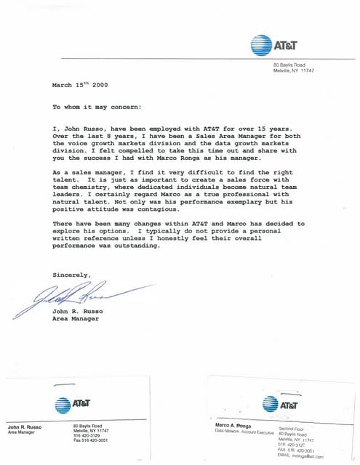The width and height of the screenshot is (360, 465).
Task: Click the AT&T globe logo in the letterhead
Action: point(260,45)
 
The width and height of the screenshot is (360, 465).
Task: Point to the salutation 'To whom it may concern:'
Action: point(97,107)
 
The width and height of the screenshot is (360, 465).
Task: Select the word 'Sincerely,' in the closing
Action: point(71,275)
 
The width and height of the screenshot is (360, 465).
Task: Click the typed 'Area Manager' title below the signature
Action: point(76,318)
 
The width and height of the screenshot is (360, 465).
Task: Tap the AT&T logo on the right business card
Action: point(271,403)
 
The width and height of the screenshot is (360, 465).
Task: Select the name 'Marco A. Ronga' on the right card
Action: point(234,424)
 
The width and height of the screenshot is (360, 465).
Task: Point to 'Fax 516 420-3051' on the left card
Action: point(91,440)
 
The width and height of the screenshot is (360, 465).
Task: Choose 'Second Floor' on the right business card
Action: point(292,429)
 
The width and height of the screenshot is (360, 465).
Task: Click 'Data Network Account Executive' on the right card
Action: point(244,431)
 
